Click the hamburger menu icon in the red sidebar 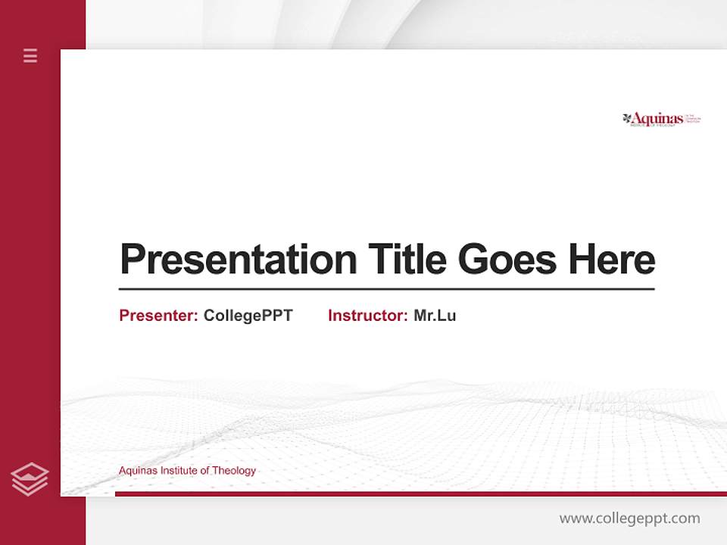click(x=30, y=55)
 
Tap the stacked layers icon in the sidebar click(x=30, y=479)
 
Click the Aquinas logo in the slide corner click(x=661, y=119)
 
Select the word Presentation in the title click(x=238, y=260)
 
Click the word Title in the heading click(x=407, y=260)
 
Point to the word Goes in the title click(x=507, y=260)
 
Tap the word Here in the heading click(x=612, y=260)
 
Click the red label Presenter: click(x=158, y=316)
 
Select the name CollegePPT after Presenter click(x=248, y=316)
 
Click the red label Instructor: click(x=367, y=316)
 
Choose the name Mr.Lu click(x=435, y=316)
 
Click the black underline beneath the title click(x=386, y=289)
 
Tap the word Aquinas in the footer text click(x=136, y=471)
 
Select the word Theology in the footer click(x=234, y=471)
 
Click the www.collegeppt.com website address click(x=629, y=519)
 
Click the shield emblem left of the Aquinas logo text click(x=627, y=118)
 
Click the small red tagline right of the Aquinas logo click(x=694, y=118)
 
